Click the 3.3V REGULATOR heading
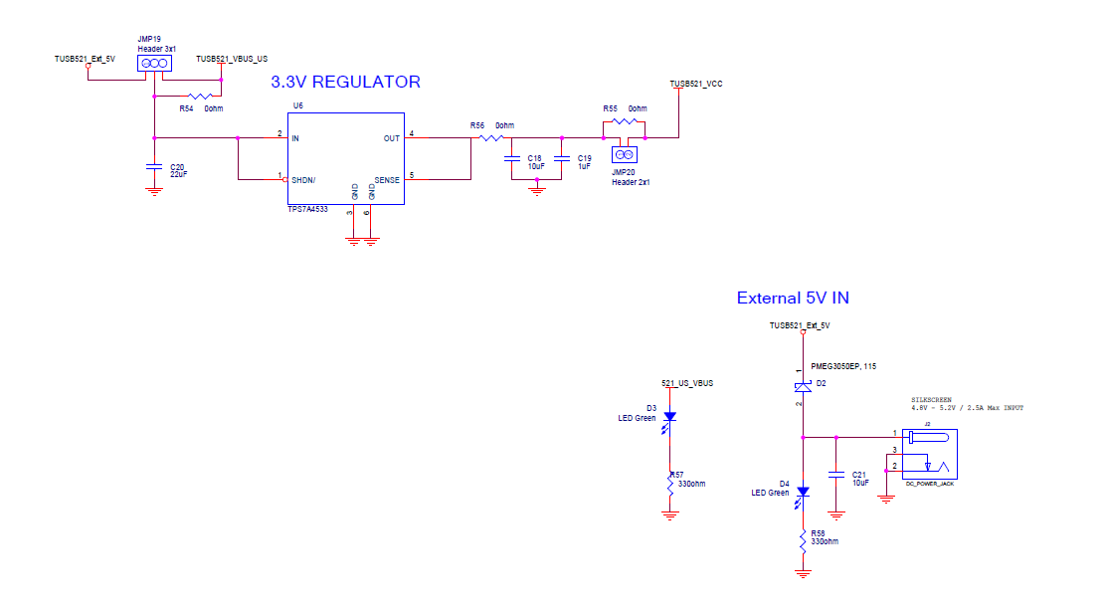click(x=345, y=83)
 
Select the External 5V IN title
click(x=792, y=298)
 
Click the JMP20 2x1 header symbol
click(x=625, y=154)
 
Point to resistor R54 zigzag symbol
click(x=199, y=97)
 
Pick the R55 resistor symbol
click(x=624, y=121)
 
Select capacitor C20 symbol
click(x=154, y=166)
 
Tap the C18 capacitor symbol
click(x=512, y=158)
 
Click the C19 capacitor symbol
click(x=561, y=158)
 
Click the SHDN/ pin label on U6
click(x=303, y=180)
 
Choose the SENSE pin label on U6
click(x=386, y=180)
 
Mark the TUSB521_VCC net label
click(x=695, y=84)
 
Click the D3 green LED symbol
click(x=669, y=417)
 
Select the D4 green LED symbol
click(x=804, y=492)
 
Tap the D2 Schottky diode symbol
click(x=803, y=386)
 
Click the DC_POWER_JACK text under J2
click(x=929, y=484)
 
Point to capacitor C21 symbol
click(x=836, y=473)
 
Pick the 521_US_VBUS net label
click(x=687, y=383)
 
